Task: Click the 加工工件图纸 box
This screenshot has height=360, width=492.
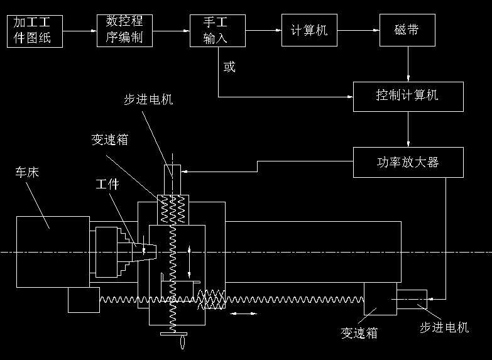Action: click(36, 30)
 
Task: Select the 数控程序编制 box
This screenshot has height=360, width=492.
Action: click(125, 30)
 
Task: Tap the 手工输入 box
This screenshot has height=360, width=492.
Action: click(216, 30)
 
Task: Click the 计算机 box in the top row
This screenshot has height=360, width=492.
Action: click(309, 30)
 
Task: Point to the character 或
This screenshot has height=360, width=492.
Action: click(230, 67)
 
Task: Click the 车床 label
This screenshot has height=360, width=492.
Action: click(28, 172)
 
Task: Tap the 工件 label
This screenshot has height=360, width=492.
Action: click(107, 184)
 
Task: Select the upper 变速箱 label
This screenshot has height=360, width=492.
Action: click(109, 139)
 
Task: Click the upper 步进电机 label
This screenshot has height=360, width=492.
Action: click(148, 100)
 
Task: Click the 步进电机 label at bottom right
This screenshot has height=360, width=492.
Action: click(444, 327)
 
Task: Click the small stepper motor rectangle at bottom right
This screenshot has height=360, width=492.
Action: click(412, 299)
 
